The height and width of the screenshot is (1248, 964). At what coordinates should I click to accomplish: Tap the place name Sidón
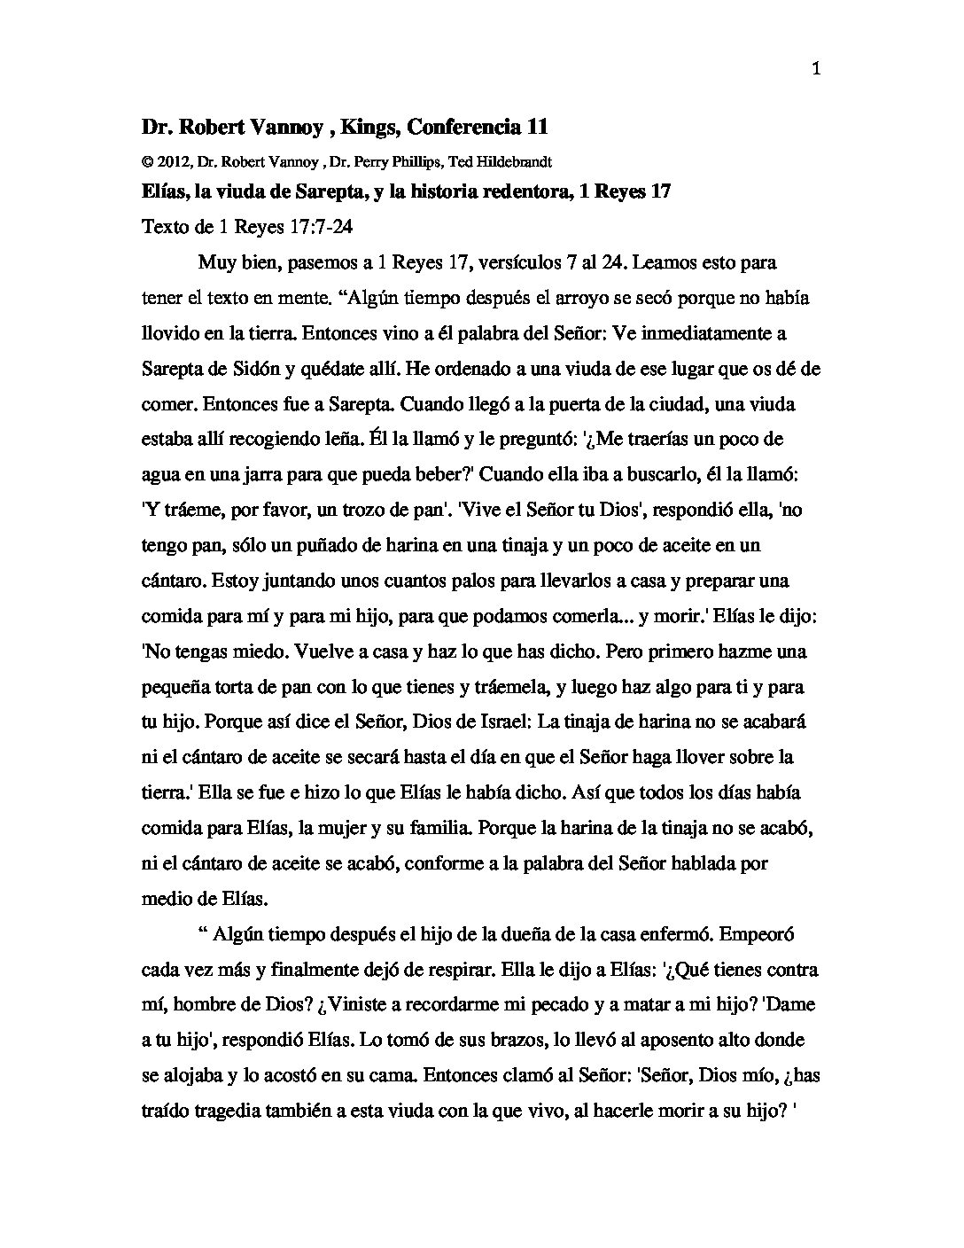coord(258,369)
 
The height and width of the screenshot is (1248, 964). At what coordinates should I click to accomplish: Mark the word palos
coord(478,581)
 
